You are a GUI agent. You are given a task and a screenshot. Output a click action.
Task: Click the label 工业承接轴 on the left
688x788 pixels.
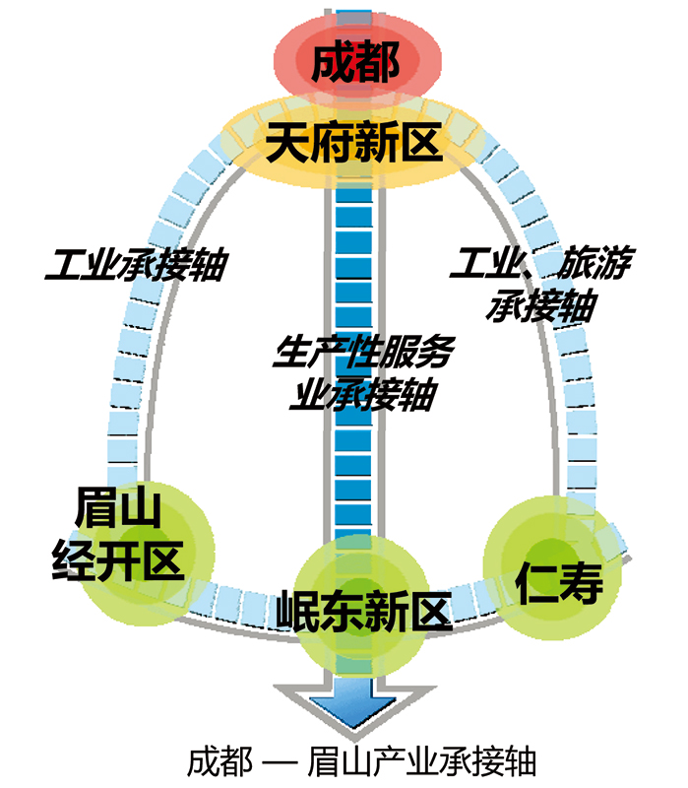pyautogui.click(x=137, y=264)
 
